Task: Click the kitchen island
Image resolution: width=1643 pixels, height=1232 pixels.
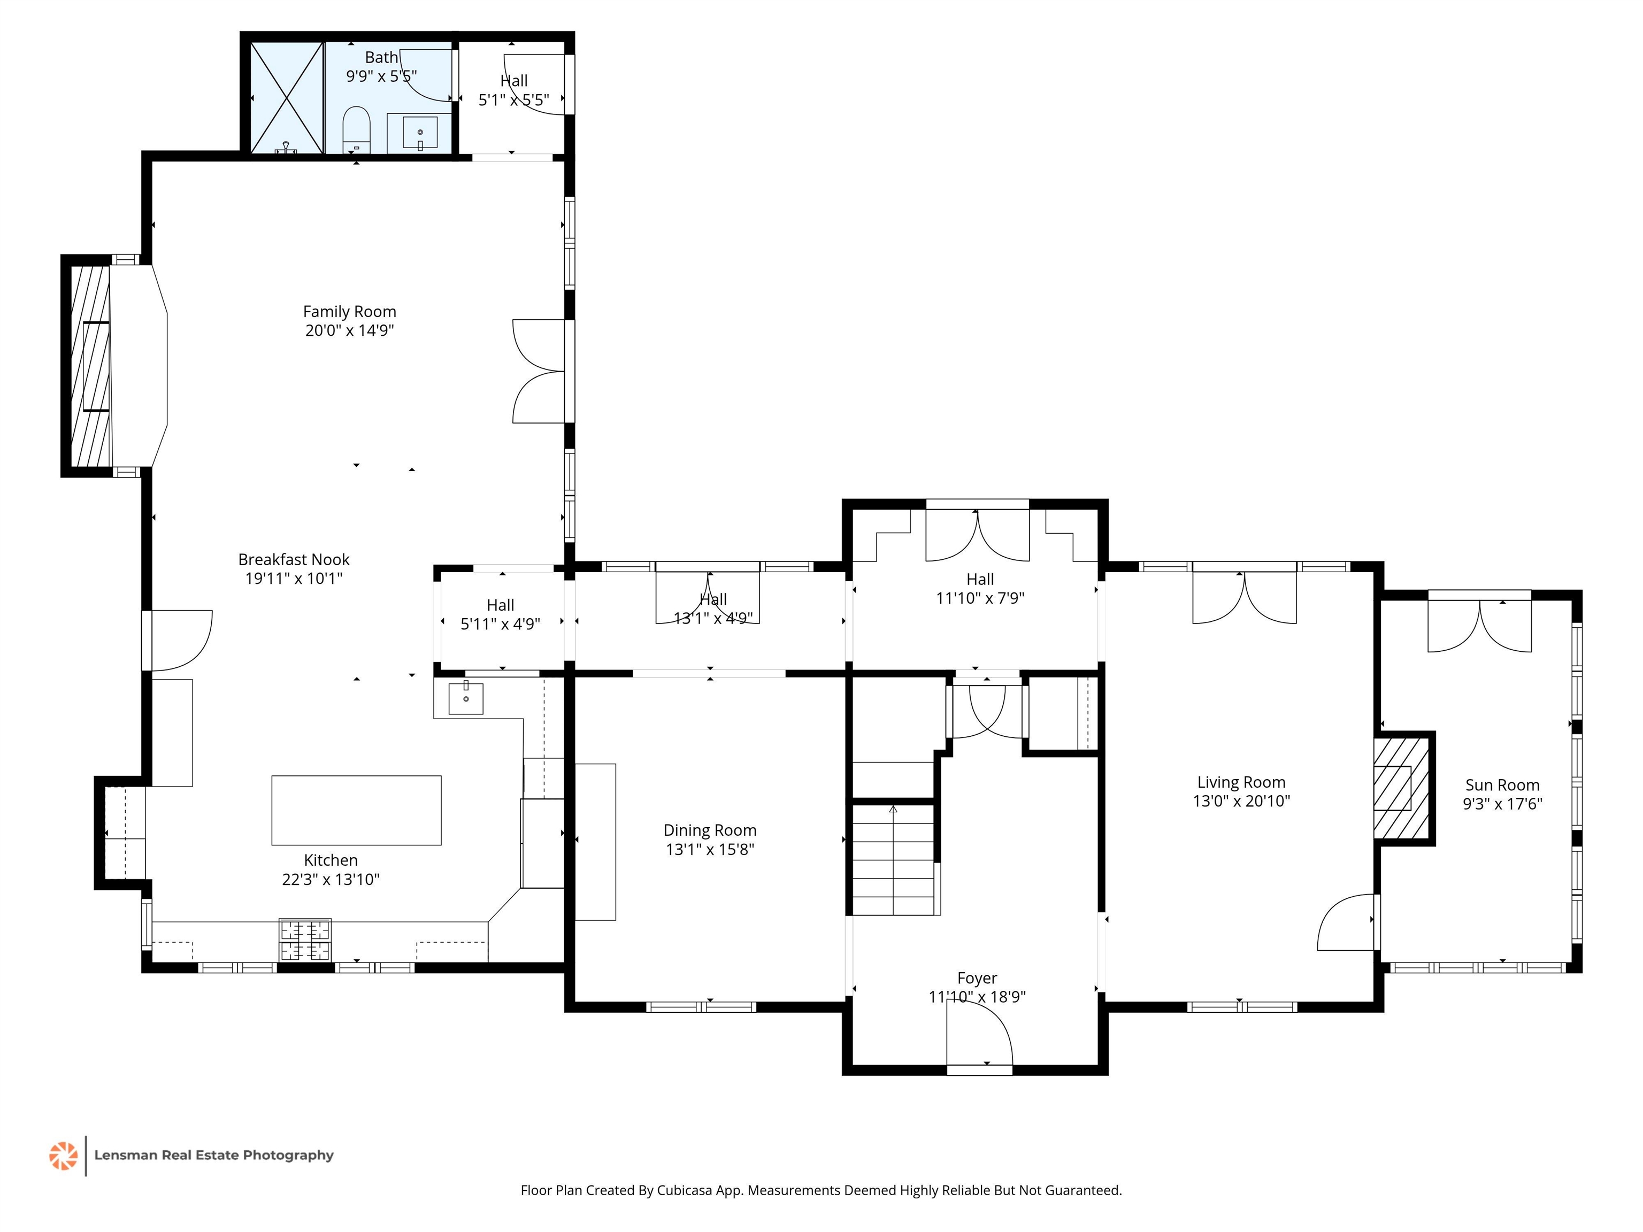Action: [357, 810]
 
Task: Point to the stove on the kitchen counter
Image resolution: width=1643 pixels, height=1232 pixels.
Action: [305, 940]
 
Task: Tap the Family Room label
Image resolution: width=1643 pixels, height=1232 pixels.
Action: [350, 312]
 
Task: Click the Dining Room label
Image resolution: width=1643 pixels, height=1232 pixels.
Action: [710, 830]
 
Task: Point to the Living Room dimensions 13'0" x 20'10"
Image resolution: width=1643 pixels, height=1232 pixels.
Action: [1241, 800]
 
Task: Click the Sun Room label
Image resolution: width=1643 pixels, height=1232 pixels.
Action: [1503, 785]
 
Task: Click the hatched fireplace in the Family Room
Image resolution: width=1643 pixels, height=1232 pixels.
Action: [90, 366]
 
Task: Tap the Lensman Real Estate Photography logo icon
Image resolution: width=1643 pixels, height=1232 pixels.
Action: [63, 1156]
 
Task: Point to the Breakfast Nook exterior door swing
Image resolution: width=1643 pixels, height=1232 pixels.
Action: [182, 640]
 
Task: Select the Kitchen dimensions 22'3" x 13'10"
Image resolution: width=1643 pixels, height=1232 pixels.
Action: [331, 879]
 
